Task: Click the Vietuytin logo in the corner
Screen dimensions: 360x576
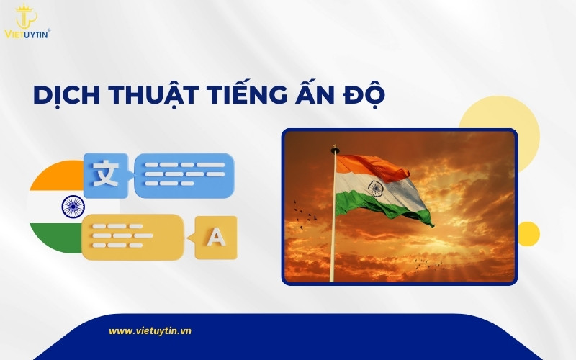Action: point(28,21)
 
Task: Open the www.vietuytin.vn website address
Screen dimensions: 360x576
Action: point(150,331)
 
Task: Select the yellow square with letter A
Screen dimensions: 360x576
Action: point(215,237)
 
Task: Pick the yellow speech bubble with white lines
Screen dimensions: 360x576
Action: point(132,236)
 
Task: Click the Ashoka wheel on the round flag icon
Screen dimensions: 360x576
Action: point(73,207)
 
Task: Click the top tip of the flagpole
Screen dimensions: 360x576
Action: point(335,150)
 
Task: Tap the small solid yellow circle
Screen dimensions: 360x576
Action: point(528,233)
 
